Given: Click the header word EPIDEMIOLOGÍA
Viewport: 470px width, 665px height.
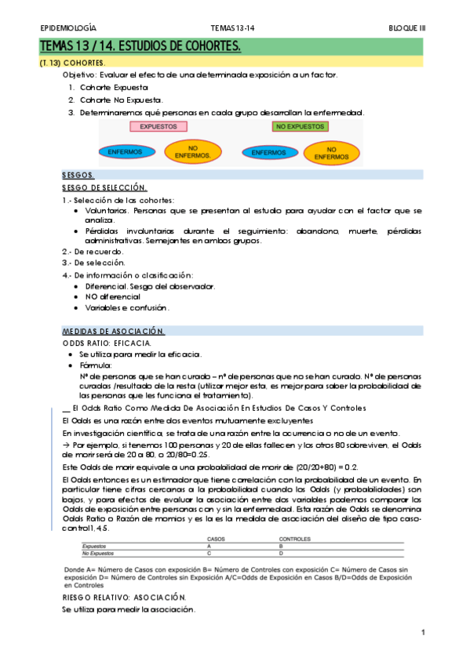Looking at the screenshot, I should (68, 27).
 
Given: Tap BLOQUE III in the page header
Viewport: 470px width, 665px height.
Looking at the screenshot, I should (407, 27).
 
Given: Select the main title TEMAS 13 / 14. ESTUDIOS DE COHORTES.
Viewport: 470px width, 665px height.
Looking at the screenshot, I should (140, 48).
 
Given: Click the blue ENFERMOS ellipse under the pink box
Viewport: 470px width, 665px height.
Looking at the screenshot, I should (126, 151).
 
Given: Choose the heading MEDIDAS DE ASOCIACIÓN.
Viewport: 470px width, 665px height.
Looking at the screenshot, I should (113, 331).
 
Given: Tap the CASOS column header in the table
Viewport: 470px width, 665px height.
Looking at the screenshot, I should (216, 540).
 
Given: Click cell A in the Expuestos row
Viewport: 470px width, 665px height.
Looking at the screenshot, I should (209, 546).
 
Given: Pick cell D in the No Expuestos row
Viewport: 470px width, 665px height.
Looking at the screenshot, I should (281, 553).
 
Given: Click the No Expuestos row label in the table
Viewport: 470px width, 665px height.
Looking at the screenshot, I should (99, 553).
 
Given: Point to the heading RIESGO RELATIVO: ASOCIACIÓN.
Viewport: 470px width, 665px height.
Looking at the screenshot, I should (123, 597).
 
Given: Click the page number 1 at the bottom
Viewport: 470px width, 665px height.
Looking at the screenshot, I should (423, 632).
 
